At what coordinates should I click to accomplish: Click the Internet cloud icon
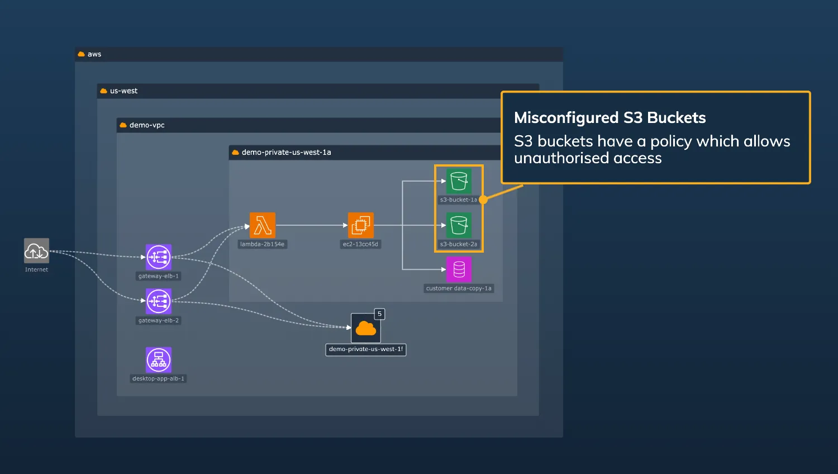(x=36, y=250)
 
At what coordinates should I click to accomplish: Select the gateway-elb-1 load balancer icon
(x=159, y=257)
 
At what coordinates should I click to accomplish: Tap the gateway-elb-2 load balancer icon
(x=159, y=301)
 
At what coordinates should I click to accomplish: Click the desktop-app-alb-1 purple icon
(x=159, y=360)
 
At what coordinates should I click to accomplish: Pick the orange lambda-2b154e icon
(x=263, y=225)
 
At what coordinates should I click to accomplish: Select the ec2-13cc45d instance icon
(x=361, y=225)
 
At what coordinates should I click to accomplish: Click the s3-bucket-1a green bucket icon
(x=459, y=181)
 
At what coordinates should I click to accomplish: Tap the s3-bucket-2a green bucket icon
(x=459, y=225)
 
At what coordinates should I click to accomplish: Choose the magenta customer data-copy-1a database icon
(x=459, y=269)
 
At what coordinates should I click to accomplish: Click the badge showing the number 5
(x=379, y=314)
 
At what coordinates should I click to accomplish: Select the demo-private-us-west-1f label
(x=366, y=349)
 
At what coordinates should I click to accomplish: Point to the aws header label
(x=94, y=54)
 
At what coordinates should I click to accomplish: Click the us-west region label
(x=123, y=91)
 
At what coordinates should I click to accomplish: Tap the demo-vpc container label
(x=147, y=125)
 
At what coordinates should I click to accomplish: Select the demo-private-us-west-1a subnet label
(x=286, y=153)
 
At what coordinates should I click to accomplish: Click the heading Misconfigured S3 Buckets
(x=610, y=117)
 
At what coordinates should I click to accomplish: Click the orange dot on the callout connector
(x=483, y=200)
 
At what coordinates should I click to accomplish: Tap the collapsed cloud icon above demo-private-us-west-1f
(x=366, y=328)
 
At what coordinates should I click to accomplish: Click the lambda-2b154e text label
(x=262, y=244)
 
